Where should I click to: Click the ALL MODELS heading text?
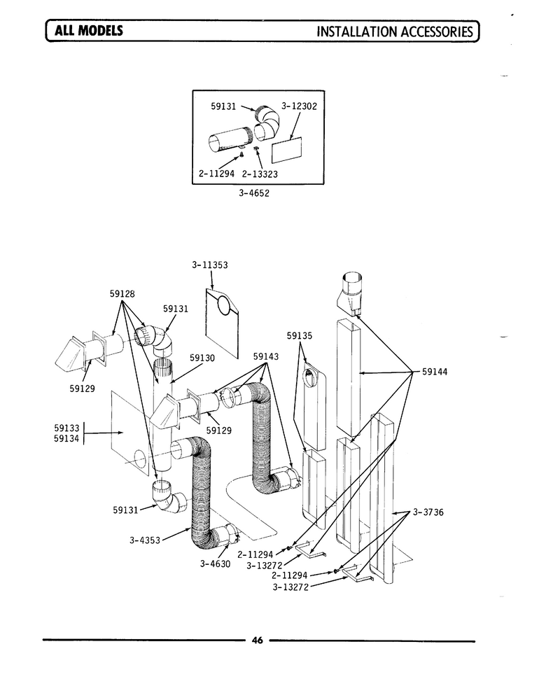coord(89,30)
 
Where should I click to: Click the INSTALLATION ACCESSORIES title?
coord(395,31)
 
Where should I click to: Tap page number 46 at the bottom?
coord(258,640)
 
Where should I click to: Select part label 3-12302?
coord(300,106)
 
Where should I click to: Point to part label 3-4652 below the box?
coord(254,193)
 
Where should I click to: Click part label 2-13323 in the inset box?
coord(260,174)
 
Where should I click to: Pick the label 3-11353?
coord(209,265)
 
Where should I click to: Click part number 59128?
coord(122,293)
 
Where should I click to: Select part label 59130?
coord(202,358)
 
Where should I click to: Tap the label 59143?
coord(266,356)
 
